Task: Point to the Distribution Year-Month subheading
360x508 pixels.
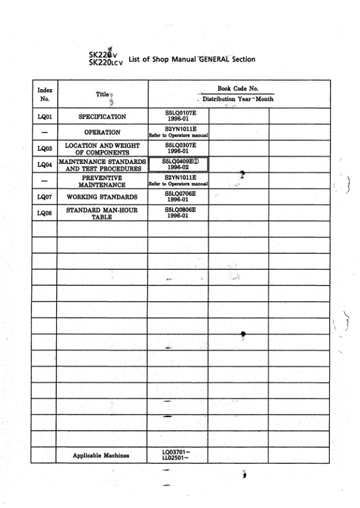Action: tap(238, 99)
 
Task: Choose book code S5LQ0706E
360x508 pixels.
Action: tap(177, 194)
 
